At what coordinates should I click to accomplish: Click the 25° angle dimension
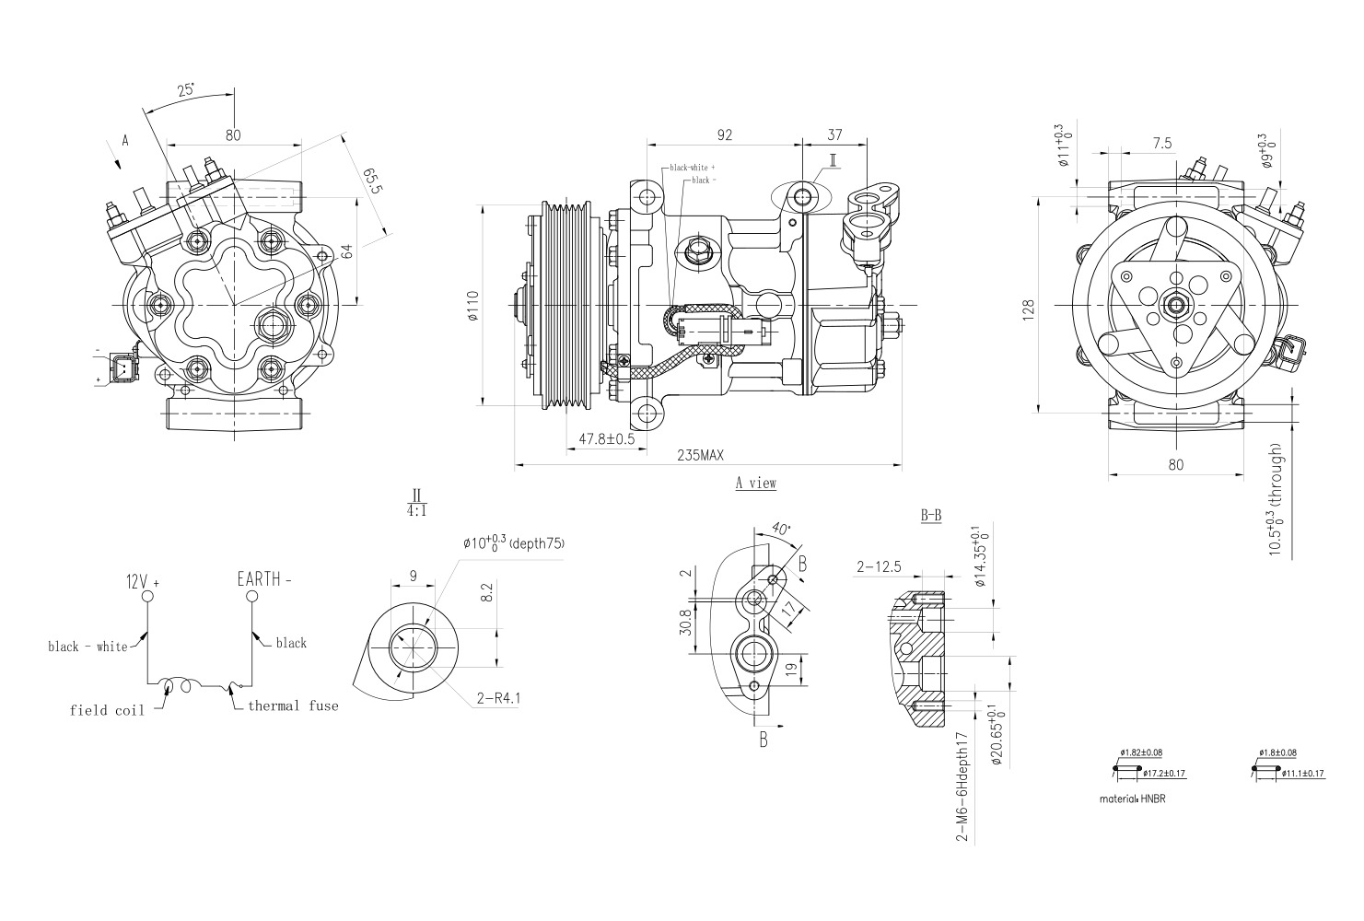click(x=186, y=90)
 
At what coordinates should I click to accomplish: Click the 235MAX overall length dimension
click(x=701, y=455)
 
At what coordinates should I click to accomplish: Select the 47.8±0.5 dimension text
click(x=606, y=439)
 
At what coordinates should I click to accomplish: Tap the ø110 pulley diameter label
click(x=472, y=306)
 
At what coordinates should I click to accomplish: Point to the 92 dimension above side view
click(x=724, y=134)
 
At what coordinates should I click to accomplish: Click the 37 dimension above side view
click(x=834, y=134)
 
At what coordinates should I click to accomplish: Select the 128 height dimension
click(x=1029, y=307)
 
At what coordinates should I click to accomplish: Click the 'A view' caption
click(x=755, y=483)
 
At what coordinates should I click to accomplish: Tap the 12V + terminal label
click(x=143, y=582)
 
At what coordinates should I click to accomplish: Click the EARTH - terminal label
click(x=264, y=579)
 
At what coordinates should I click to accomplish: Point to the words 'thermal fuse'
click(x=293, y=705)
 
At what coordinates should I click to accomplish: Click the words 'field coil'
click(x=107, y=710)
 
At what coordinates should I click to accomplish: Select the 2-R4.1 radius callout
click(x=498, y=698)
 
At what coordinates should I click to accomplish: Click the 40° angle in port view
click(x=781, y=530)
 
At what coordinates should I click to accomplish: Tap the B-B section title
click(x=931, y=516)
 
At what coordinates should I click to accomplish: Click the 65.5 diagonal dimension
click(x=372, y=181)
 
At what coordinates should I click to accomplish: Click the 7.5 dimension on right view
click(x=1161, y=144)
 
